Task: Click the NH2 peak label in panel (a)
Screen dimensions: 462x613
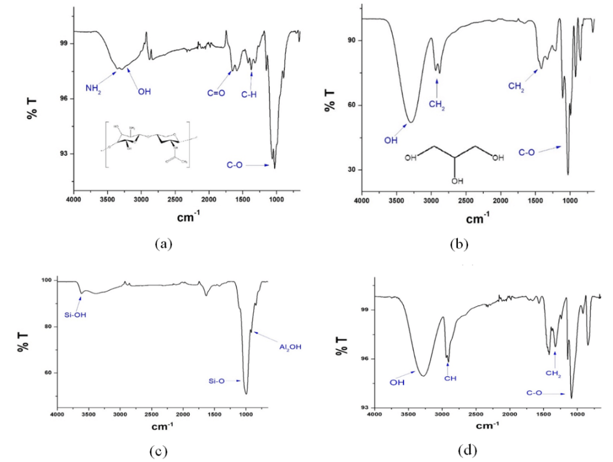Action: click(x=93, y=89)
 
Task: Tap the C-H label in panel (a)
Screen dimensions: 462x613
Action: click(x=249, y=93)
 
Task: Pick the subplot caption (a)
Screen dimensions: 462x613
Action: click(x=163, y=244)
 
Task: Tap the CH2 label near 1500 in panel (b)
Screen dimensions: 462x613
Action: click(x=516, y=86)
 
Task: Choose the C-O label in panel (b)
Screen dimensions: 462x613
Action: click(x=527, y=153)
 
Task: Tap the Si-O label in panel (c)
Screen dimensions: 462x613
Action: click(x=216, y=381)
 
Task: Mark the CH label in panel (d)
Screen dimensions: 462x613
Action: click(x=448, y=378)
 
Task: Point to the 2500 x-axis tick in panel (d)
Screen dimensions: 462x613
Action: click(x=475, y=414)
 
